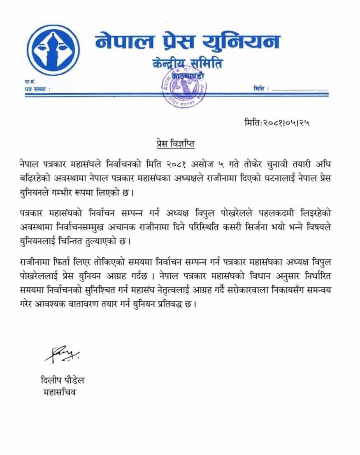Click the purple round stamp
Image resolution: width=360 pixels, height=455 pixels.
181,88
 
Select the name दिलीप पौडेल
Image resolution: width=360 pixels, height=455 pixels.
63,381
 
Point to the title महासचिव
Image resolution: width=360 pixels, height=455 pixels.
60,392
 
